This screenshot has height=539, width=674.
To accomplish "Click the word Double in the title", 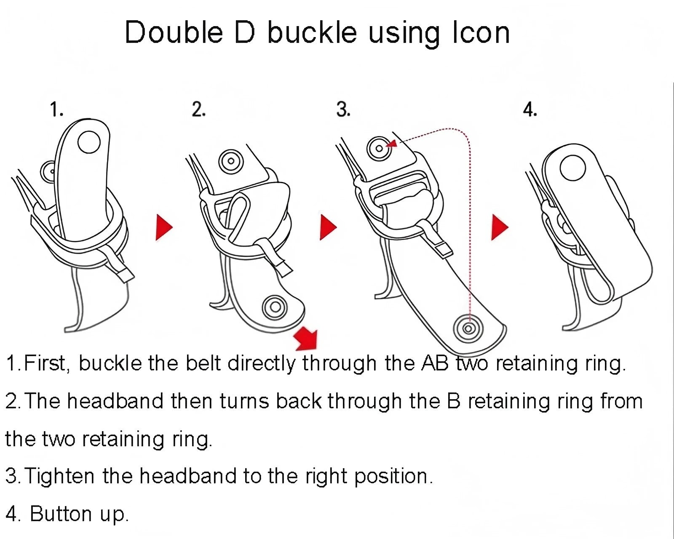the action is (174, 32).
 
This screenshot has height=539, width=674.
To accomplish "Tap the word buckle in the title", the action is (312, 32).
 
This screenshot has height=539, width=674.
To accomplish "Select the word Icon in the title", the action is (481, 32).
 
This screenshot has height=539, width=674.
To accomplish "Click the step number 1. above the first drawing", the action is (57, 109).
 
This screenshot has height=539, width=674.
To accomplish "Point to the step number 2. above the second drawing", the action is (198, 109).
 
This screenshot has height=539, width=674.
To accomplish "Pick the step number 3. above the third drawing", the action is (343, 109).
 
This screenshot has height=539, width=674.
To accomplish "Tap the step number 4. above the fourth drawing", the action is (530, 109).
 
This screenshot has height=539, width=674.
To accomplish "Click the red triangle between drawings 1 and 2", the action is (163, 227).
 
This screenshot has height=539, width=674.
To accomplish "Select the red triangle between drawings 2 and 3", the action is (328, 227).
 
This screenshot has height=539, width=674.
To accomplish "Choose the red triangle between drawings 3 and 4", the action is (499, 227).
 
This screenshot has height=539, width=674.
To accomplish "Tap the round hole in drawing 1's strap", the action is (89, 142).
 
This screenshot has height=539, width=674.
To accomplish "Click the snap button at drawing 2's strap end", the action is (275, 307).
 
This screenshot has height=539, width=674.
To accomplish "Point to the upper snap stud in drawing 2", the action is (231, 161).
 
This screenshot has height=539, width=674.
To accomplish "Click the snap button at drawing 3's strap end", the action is (468, 328).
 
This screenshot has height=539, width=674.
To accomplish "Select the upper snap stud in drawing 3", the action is (379, 149).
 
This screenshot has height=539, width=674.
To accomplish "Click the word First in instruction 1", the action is (45, 363).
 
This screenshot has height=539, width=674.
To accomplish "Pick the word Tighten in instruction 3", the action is (59, 476).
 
